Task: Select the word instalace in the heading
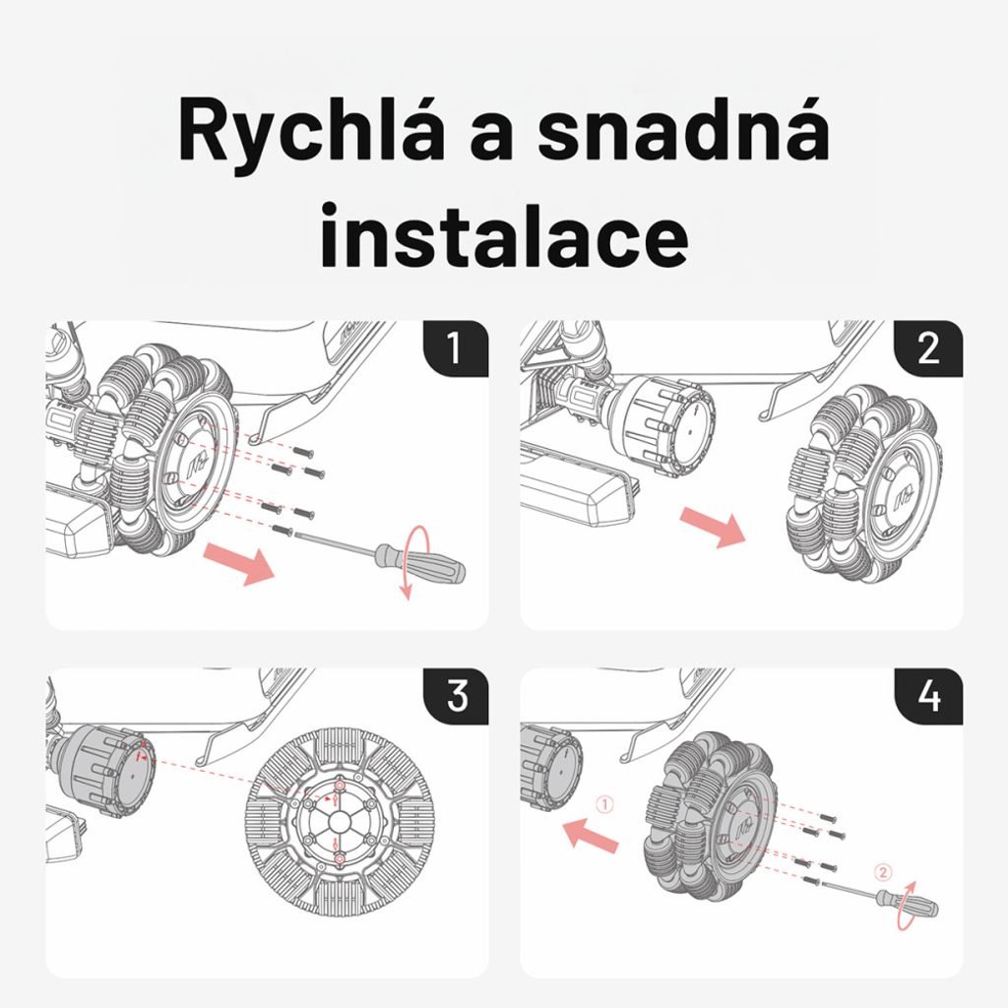(505, 234)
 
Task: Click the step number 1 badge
(456, 348)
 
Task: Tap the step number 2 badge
(928, 348)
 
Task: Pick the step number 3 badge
(457, 696)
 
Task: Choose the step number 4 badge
(929, 696)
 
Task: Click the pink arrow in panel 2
(713, 526)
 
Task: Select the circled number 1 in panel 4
(604, 804)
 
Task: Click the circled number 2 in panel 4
(883, 872)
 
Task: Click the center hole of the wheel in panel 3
(339, 823)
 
